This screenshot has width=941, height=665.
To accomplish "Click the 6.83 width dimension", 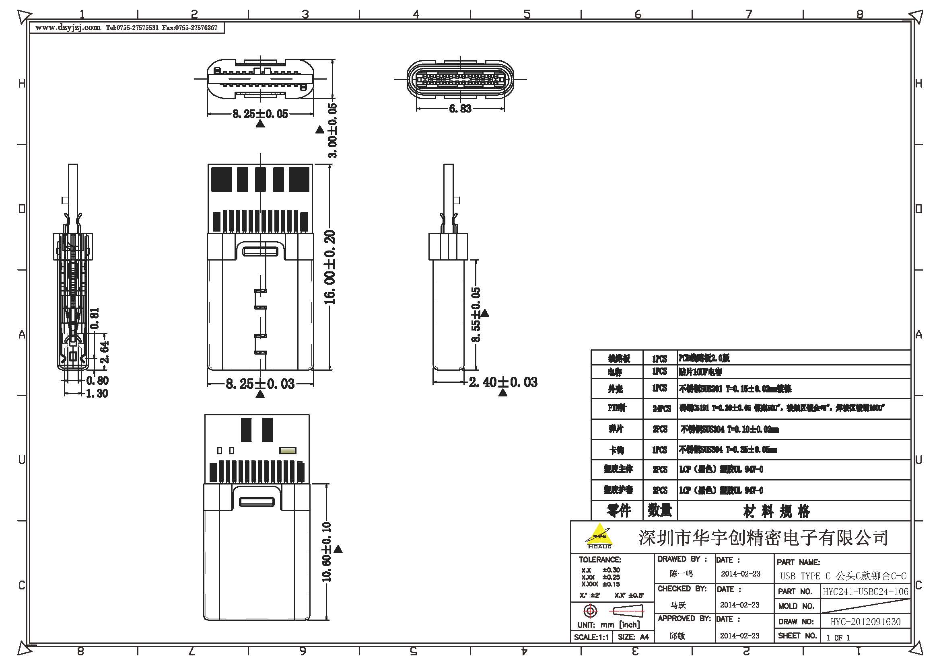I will [460, 109].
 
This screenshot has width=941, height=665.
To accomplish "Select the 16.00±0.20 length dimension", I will [330, 267].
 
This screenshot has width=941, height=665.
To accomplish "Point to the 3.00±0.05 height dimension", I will [332, 130].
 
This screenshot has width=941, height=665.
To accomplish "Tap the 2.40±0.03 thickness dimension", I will [503, 382].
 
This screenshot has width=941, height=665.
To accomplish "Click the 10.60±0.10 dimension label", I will [327, 552].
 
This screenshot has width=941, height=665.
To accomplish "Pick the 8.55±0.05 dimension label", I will [476, 314].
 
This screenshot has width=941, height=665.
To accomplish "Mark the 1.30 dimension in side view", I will [97, 394].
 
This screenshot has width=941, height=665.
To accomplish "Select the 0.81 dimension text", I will [94, 318].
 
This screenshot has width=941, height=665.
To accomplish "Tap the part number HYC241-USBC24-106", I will [865, 592].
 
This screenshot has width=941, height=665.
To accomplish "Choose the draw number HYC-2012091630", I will [865, 622].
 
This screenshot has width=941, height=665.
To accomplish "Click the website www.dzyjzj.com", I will [68, 28].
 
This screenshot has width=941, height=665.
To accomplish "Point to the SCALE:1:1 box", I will [591, 637].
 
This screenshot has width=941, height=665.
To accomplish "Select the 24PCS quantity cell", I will [661, 408].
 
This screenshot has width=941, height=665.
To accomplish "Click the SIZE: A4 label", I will [633, 637].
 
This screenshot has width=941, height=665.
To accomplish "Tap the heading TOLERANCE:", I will [599, 559].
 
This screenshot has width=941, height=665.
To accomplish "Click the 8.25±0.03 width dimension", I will [260, 384].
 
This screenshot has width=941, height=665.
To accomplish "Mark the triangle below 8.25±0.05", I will [260, 124].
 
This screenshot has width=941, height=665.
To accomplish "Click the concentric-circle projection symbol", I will [590, 612].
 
